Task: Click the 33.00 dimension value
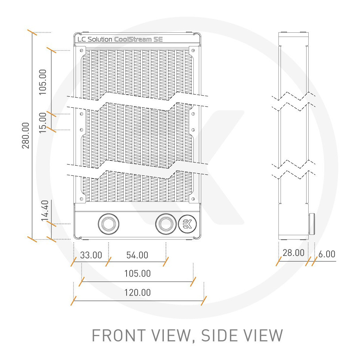(x=91, y=255)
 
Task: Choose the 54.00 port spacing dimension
(x=137, y=255)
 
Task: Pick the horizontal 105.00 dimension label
(x=137, y=274)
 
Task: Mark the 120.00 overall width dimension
(x=137, y=292)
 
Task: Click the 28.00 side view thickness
(x=294, y=253)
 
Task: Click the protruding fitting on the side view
(x=312, y=224)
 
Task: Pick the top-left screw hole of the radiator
(x=82, y=50)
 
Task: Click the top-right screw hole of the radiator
(x=192, y=50)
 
